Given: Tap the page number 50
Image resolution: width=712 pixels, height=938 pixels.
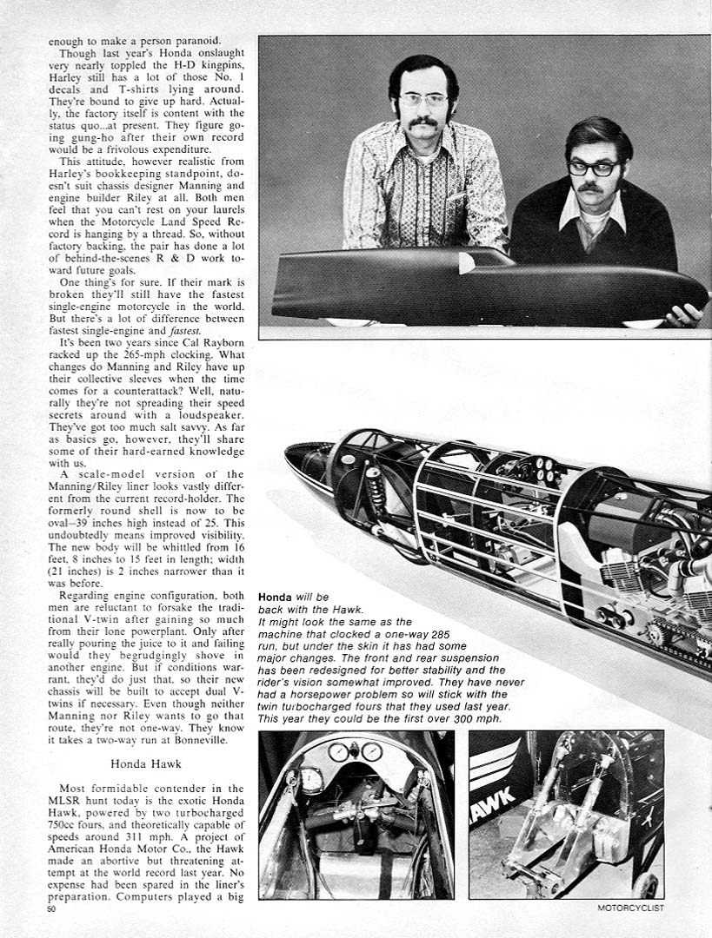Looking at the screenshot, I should (53, 908).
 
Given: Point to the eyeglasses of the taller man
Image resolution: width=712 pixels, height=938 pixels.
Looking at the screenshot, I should (423, 100).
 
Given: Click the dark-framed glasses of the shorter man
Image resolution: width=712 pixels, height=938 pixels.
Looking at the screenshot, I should (594, 168).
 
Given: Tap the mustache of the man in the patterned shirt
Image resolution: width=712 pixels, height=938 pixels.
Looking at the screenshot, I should (423, 122).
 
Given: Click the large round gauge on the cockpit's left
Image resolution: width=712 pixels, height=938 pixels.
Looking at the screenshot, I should (310, 781).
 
